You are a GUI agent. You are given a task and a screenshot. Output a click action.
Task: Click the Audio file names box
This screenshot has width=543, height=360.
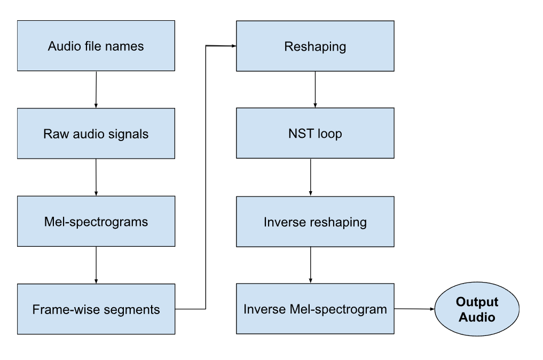coord(96,46)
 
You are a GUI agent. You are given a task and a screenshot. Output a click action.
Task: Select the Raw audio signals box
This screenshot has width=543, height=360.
coord(96,134)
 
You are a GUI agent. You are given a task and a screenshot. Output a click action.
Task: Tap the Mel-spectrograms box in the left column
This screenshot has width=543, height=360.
coord(96,221)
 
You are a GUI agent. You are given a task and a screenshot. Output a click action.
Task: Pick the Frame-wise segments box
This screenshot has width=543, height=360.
coord(96,309)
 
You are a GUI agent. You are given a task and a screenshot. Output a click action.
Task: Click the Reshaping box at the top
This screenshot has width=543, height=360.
coord(315,46)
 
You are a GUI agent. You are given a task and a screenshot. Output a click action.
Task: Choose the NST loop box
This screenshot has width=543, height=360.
coord(315,133)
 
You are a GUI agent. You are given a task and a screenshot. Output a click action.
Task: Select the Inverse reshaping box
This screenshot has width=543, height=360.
coord(315,222)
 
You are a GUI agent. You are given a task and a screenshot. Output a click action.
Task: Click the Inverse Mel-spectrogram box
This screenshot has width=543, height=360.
coord(315,309)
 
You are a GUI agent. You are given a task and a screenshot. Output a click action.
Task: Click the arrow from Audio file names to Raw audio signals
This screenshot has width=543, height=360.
coord(96,89)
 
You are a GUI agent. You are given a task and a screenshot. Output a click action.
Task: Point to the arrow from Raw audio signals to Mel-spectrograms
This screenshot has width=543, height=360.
coord(96,177)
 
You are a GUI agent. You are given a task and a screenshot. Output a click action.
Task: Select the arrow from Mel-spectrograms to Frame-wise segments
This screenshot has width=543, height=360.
coord(96,265)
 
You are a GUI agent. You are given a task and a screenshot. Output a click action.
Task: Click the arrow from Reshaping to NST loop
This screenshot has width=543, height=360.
coord(315,89)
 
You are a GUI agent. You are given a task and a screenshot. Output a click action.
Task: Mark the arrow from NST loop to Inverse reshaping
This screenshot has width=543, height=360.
coord(311,177)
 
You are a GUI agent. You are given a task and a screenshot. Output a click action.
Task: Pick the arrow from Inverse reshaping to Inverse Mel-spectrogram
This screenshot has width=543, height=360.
coord(311,265)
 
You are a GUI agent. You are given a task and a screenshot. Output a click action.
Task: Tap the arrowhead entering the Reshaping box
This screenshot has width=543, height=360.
coord(233,46)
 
